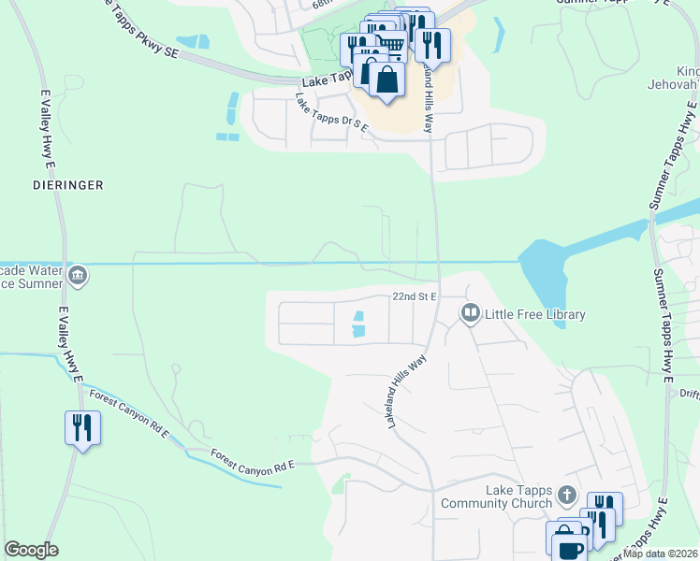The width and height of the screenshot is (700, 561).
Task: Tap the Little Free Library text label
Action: pos(534,314)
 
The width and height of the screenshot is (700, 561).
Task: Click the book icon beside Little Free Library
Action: pos(471,314)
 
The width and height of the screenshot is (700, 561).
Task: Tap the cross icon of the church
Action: pos(566,494)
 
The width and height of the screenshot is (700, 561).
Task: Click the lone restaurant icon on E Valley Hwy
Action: pos(82,429)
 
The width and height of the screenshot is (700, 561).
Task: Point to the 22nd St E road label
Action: pos(416,295)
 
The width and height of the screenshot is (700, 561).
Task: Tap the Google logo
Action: pos(31,550)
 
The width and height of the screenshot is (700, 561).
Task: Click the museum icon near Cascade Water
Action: pos(78,275)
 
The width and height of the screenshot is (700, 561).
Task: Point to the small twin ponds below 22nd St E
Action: pos(357,324)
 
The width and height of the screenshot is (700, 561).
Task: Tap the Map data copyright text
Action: pos(661,554)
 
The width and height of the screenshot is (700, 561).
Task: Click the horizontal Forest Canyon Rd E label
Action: pos(253,459)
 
